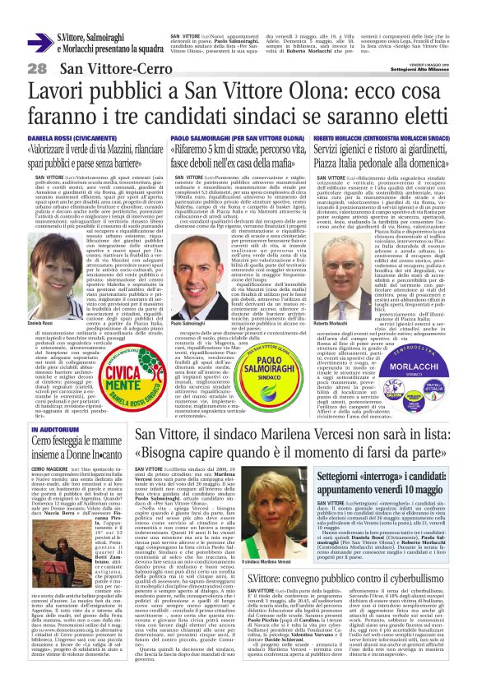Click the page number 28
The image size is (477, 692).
pyautogui.click(x=37, y=68)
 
